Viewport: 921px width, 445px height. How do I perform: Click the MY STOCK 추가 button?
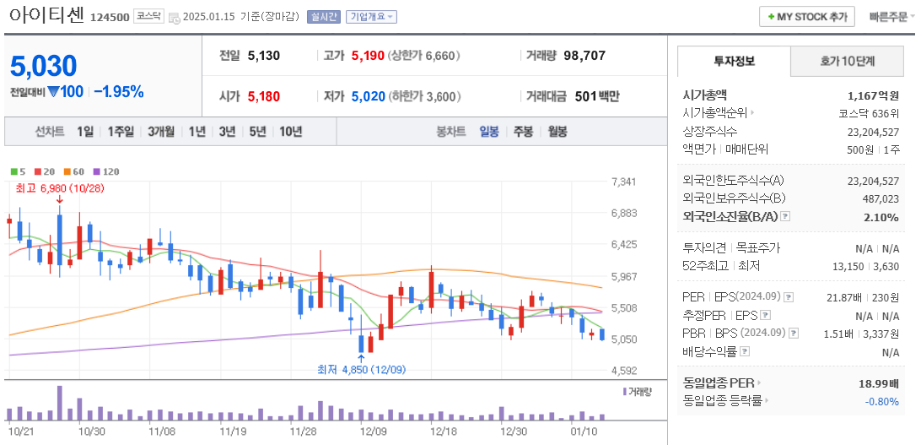(x=807, y=17)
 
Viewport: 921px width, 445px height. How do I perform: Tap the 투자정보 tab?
(x=734, y=62)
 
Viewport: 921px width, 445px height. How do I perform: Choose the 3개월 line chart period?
(x=160, y=132)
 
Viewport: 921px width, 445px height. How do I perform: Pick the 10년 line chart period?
(x=290, y=132)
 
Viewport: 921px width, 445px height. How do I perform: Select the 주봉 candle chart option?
(x=523, y=132)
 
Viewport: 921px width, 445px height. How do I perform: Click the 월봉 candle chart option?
(x=557, y=132)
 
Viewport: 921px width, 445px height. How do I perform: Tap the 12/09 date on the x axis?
(x=373, y=430)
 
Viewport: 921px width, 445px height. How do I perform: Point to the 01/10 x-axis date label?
(x=582, y=430)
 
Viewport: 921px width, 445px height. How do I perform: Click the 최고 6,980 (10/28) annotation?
(x=60, y=188)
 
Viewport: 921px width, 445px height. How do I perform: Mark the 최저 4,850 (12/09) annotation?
(x=361, y=369)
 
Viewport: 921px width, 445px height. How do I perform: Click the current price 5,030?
(x=44, y=66)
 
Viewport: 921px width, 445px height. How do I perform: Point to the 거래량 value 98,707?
(x=584, y=56)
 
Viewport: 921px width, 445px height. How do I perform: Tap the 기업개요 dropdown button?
(x=371, y=17)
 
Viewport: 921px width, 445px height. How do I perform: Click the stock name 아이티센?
(x=46, y=15)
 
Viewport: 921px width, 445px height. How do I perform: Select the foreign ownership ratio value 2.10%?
(x=881, y=217)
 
